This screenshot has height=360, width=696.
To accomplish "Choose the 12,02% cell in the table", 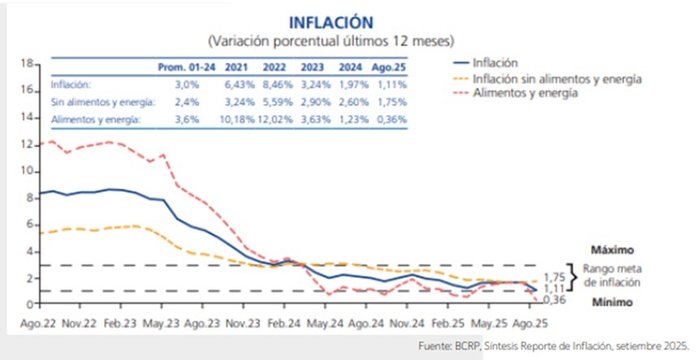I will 276,119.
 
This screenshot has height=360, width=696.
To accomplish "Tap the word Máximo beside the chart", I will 611,249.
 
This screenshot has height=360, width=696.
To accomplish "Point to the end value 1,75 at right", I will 555,276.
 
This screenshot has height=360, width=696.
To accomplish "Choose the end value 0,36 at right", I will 555,300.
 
